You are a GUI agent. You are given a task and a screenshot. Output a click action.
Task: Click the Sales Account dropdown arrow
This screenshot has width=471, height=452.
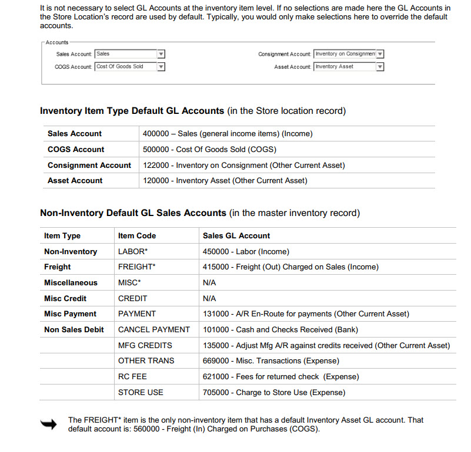click(x=161, y=54)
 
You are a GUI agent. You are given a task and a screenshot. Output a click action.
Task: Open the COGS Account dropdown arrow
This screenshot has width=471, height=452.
click(x=161, y=67)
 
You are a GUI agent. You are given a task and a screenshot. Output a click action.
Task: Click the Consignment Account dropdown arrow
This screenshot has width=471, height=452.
click(x=380, y=54)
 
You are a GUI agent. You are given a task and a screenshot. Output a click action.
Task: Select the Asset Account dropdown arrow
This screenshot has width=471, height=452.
click(x=380, y=67)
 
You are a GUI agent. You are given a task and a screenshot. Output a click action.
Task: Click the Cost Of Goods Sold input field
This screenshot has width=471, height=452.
click(x=126, y=67)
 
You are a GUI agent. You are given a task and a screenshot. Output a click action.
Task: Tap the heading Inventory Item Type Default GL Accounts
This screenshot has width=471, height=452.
click(x=132, y=111)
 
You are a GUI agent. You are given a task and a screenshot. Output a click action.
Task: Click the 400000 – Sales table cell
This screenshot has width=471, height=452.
click(x=228, y=134)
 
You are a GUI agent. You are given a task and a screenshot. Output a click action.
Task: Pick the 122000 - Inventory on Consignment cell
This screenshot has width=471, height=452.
click(x=243, y=166)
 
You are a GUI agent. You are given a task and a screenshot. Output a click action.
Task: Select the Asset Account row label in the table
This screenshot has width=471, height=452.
click(x=75, y=181)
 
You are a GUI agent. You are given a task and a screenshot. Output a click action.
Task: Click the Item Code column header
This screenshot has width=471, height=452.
click(x=137, y=236)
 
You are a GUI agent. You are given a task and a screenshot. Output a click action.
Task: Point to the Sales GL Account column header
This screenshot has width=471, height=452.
click(x=236, y=236)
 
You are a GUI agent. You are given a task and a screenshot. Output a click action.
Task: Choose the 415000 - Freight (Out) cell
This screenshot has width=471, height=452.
click(x=290, y=267)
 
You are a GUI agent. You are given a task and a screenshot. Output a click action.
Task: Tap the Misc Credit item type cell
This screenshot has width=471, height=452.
click(x=65, y=298)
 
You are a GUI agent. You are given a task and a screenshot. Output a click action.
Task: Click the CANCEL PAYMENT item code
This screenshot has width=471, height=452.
click(x=154, y=330)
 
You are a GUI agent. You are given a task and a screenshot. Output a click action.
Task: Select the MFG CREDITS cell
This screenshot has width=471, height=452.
click(x=145, y=345)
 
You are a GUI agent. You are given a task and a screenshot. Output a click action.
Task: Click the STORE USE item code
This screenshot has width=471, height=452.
click(x=141, y=392)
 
